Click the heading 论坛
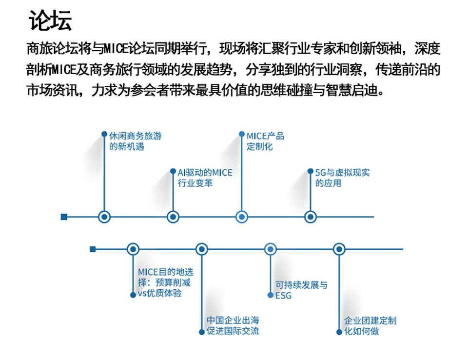[50, 20]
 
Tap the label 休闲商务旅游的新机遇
[135, 141]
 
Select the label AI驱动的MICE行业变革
[205, 178]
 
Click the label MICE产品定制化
[265, 141]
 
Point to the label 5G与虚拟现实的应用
[343, 178]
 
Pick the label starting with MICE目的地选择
[166, 282]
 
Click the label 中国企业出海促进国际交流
[233, 326]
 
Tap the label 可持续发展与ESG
[301, 290]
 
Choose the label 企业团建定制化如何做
[370, 326]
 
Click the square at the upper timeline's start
[64, 217]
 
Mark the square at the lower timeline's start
[93, 249]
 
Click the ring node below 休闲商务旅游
[104, 217]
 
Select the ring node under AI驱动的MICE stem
[173, 217]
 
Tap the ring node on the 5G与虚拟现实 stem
[311, 217]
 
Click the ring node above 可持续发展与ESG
[271, 249]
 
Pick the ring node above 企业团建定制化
[339, 249]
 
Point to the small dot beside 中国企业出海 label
[202, 332]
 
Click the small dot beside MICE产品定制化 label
[242, 134]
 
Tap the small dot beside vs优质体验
[133, 295]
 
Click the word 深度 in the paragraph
[428, 49]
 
